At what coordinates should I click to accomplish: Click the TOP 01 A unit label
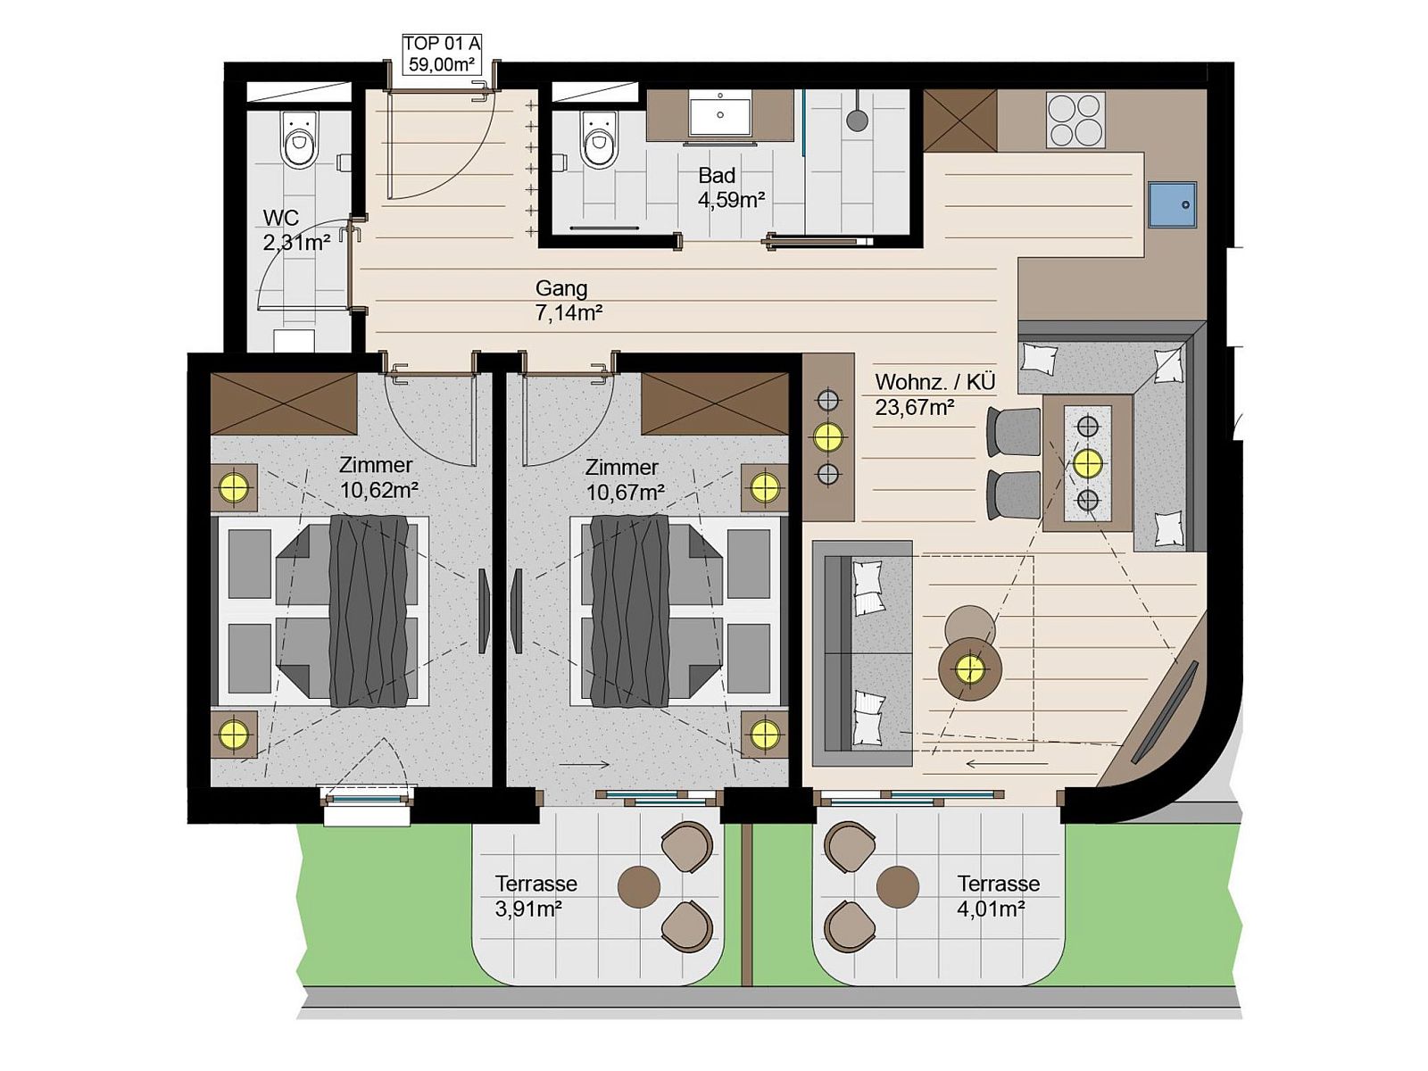coord(441,54)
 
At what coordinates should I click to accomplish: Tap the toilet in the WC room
coord(299,140)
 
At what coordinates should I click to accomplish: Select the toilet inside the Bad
coord(599,140)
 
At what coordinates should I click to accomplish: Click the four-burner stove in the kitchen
coord(1075,120)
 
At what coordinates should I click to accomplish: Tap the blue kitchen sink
coord(1172,204)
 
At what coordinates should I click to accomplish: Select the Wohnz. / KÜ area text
coord(934,382)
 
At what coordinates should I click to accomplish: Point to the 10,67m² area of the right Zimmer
coord(626,492)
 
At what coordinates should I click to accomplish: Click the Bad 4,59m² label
coord(731,187)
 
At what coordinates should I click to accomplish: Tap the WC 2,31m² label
coord(296,230)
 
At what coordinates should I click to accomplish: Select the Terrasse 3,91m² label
coord(535,895)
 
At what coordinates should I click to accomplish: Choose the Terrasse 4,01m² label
coord(998,895)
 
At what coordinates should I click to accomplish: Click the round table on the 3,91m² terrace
coord(639,886)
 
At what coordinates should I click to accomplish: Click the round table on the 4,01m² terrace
coord(898,886)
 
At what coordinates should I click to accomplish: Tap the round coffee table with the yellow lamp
coord(970,668)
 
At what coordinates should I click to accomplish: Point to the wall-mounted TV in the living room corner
coord(1164,711)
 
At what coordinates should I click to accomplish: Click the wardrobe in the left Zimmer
coord(284,403)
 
